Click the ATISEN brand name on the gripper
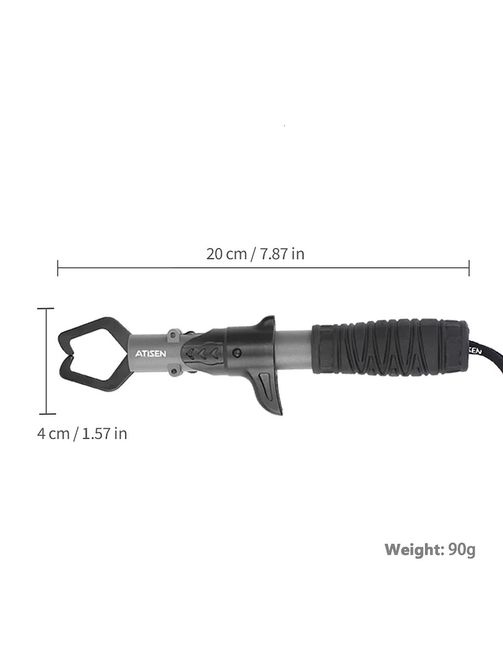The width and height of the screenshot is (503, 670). point(150,353)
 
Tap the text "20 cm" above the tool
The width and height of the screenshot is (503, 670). point(226,254)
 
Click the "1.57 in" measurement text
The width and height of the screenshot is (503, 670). point(104,434)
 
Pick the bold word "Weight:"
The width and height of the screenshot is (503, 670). point(414,549)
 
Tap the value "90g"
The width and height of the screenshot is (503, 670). point(461,549)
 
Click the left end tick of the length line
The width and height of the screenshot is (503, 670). point(58,268)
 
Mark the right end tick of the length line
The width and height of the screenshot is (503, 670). point(469,268)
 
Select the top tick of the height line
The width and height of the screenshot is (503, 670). point(46,309)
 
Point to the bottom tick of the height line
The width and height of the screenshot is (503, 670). point(46,413)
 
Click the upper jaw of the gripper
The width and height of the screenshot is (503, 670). point(93,331)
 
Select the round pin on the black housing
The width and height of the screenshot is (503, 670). point(236,353)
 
